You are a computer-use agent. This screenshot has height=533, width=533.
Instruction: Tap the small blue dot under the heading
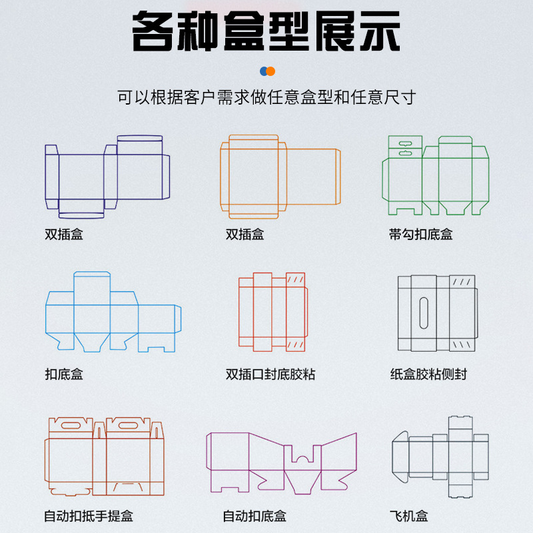[x=264, y=71]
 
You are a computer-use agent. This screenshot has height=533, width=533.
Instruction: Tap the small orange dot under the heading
[x=270, y=71]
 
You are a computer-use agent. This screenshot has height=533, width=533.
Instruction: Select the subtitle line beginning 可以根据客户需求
[x=266, y=97]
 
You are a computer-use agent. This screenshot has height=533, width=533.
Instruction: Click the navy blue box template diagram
[x=107, y=177]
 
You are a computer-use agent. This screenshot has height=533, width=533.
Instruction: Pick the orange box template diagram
[x=280, y=177]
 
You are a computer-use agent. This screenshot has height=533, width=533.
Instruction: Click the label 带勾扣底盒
[x=420, y=235]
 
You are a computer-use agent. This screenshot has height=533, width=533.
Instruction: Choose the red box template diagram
[x=273, y=311]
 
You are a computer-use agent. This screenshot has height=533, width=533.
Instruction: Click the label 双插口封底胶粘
[x=270, y=374]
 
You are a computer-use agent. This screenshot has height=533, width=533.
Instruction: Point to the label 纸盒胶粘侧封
[x=428, y=374]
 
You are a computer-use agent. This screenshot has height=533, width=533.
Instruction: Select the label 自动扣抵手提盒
[x=89, y=516]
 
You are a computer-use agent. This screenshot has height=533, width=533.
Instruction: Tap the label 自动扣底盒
[x=255, y=516]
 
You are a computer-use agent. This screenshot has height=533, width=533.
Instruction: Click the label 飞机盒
[x=408, y=516]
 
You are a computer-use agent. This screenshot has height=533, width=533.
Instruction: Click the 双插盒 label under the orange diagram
[x=245, y=235]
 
